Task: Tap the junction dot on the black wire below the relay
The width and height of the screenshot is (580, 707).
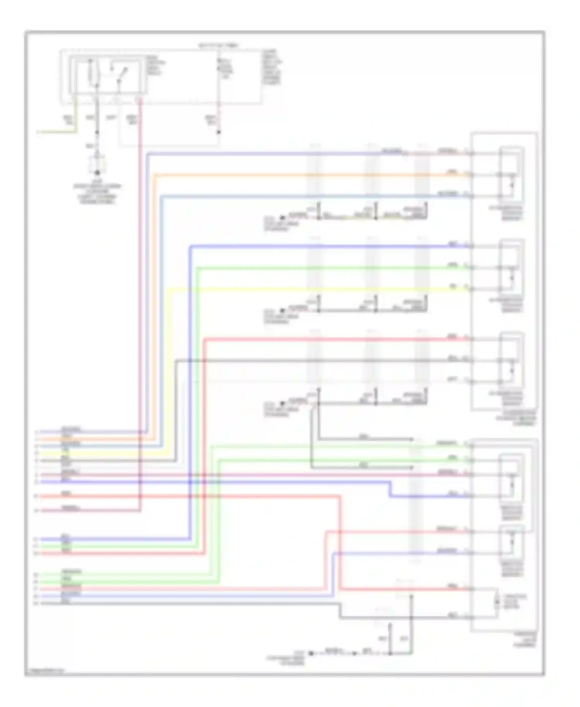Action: coord(97,132)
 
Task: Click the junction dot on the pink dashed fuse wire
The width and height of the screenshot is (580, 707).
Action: coord(218,132)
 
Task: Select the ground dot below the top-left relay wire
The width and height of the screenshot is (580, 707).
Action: coord(97,172)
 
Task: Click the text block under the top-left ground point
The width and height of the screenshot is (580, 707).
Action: coord(97,193)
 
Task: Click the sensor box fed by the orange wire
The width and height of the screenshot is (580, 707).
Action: coord(511,175)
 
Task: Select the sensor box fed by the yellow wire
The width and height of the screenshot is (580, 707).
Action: coord(511,268)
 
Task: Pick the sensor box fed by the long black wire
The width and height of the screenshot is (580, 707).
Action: coord(511,360)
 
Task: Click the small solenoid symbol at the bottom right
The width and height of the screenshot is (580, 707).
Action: coord(498,603)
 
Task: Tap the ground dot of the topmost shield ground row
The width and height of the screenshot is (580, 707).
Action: coord(282,218)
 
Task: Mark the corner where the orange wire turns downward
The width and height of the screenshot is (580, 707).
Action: coord(154,175)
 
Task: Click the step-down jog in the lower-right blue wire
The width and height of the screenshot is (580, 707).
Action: coord(389,489)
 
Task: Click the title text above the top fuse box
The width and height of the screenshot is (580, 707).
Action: coord(219,45)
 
